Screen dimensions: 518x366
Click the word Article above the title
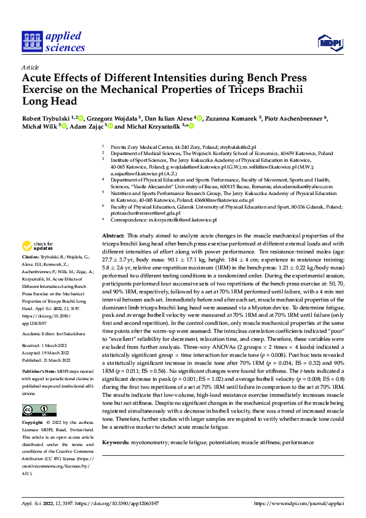point(30,67)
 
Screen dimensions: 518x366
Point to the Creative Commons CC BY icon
point(39,410)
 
